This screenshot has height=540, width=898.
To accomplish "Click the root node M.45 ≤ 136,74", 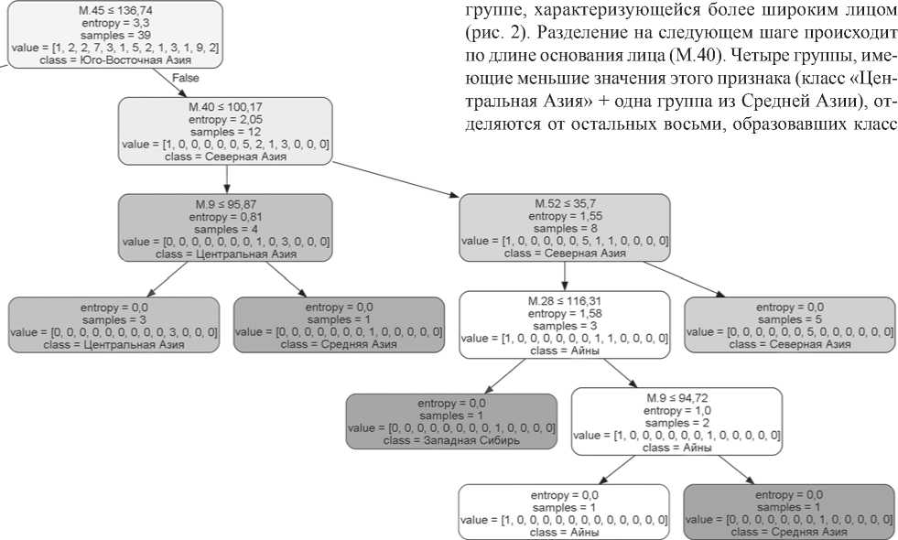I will [115, 34].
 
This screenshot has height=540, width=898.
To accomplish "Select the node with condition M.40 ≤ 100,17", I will [225, 131].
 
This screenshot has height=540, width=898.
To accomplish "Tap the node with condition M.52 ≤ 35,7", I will [564, 227].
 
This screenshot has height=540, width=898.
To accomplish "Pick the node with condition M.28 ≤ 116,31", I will [564, 324].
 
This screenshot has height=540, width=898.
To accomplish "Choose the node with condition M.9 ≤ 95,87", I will [225, 227].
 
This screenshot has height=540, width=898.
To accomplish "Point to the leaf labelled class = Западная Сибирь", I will [450, 421].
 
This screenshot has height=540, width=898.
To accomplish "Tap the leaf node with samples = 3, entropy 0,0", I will [114, 324].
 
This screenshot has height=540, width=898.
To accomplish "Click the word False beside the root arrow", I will [185, 79].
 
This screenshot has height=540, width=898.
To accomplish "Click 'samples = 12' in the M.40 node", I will [225, 132].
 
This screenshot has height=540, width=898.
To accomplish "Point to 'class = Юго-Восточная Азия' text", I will [115, 59].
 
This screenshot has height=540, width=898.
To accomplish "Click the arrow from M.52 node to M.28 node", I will [564, 275].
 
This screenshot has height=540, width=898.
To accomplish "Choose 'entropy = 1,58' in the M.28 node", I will [564, 312].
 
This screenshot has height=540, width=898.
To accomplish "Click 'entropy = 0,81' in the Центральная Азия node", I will [225, 216].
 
